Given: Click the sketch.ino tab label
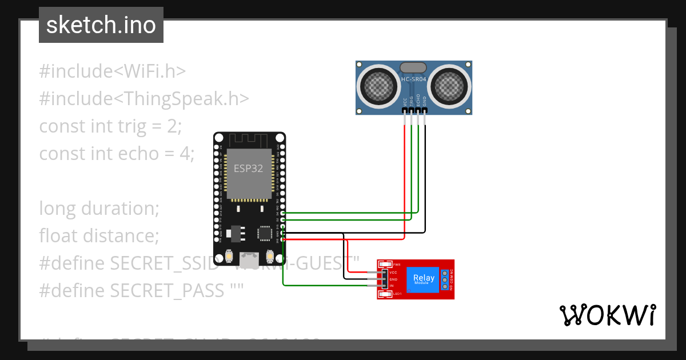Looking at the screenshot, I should (101, 25).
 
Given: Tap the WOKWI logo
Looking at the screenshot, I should (607, 315).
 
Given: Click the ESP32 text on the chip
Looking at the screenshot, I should (249, 169).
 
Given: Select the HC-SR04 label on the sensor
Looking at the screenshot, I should (413, 80).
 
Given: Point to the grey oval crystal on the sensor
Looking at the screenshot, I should (413, 68).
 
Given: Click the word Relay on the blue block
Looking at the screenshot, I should (424, 278).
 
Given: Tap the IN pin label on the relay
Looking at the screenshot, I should (392, 285).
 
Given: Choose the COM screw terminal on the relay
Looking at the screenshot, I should (444, 279).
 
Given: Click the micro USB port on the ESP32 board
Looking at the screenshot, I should (249, 257).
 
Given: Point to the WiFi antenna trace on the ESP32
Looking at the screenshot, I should (249, 139).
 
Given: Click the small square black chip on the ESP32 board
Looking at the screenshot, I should (265, 232).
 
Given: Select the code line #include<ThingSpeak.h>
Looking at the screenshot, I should (144, 99).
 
